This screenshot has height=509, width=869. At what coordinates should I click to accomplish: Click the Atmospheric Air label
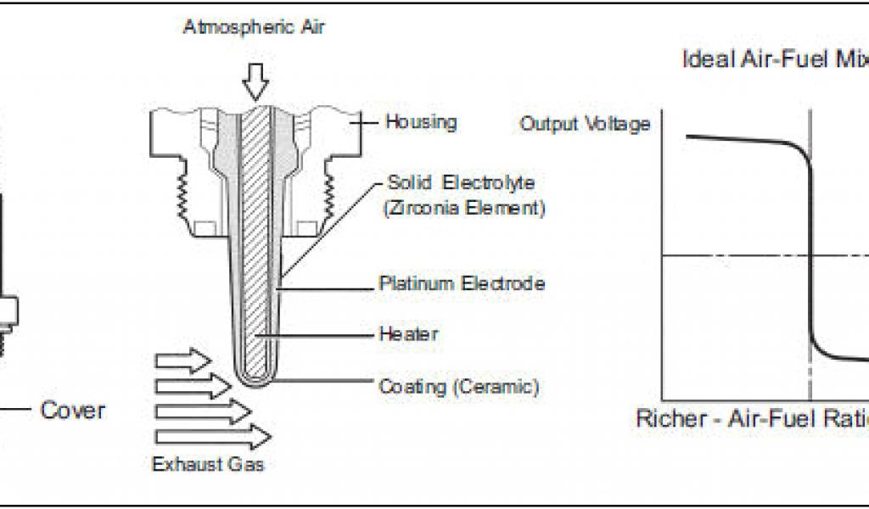[x=254, y=27]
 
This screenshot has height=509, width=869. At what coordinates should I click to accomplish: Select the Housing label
[x=421, y=122]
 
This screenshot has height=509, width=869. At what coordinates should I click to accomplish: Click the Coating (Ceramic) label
[x=459, y=387]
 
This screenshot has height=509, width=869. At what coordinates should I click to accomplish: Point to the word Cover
[x=73, y=411]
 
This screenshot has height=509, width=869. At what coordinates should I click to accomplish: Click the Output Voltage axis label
[x=585, y=124]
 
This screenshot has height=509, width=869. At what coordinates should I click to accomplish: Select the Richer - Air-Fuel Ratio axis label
[x=752, y=419]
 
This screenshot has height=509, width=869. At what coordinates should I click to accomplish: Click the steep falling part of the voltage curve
[x=810, y=255]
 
